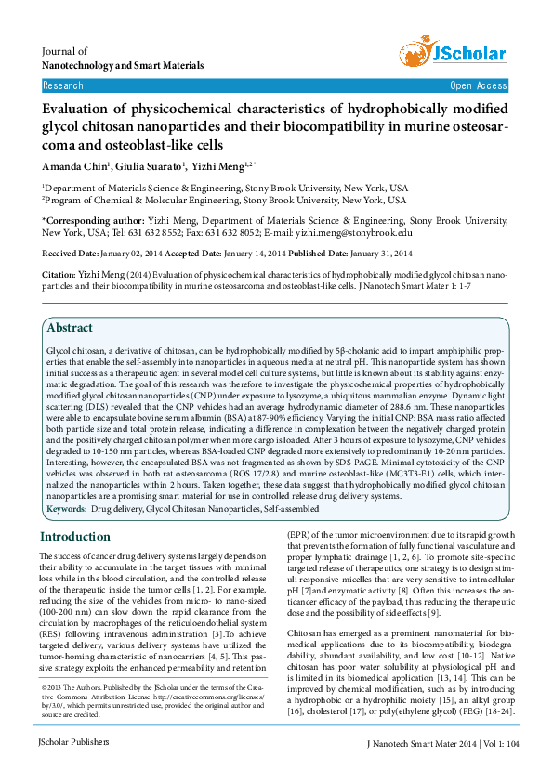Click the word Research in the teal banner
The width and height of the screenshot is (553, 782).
(63, 85)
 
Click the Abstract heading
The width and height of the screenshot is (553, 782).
(70, 328)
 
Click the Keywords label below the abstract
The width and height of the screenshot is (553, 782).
(67, 510)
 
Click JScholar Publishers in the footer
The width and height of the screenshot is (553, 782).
(73, 742)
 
